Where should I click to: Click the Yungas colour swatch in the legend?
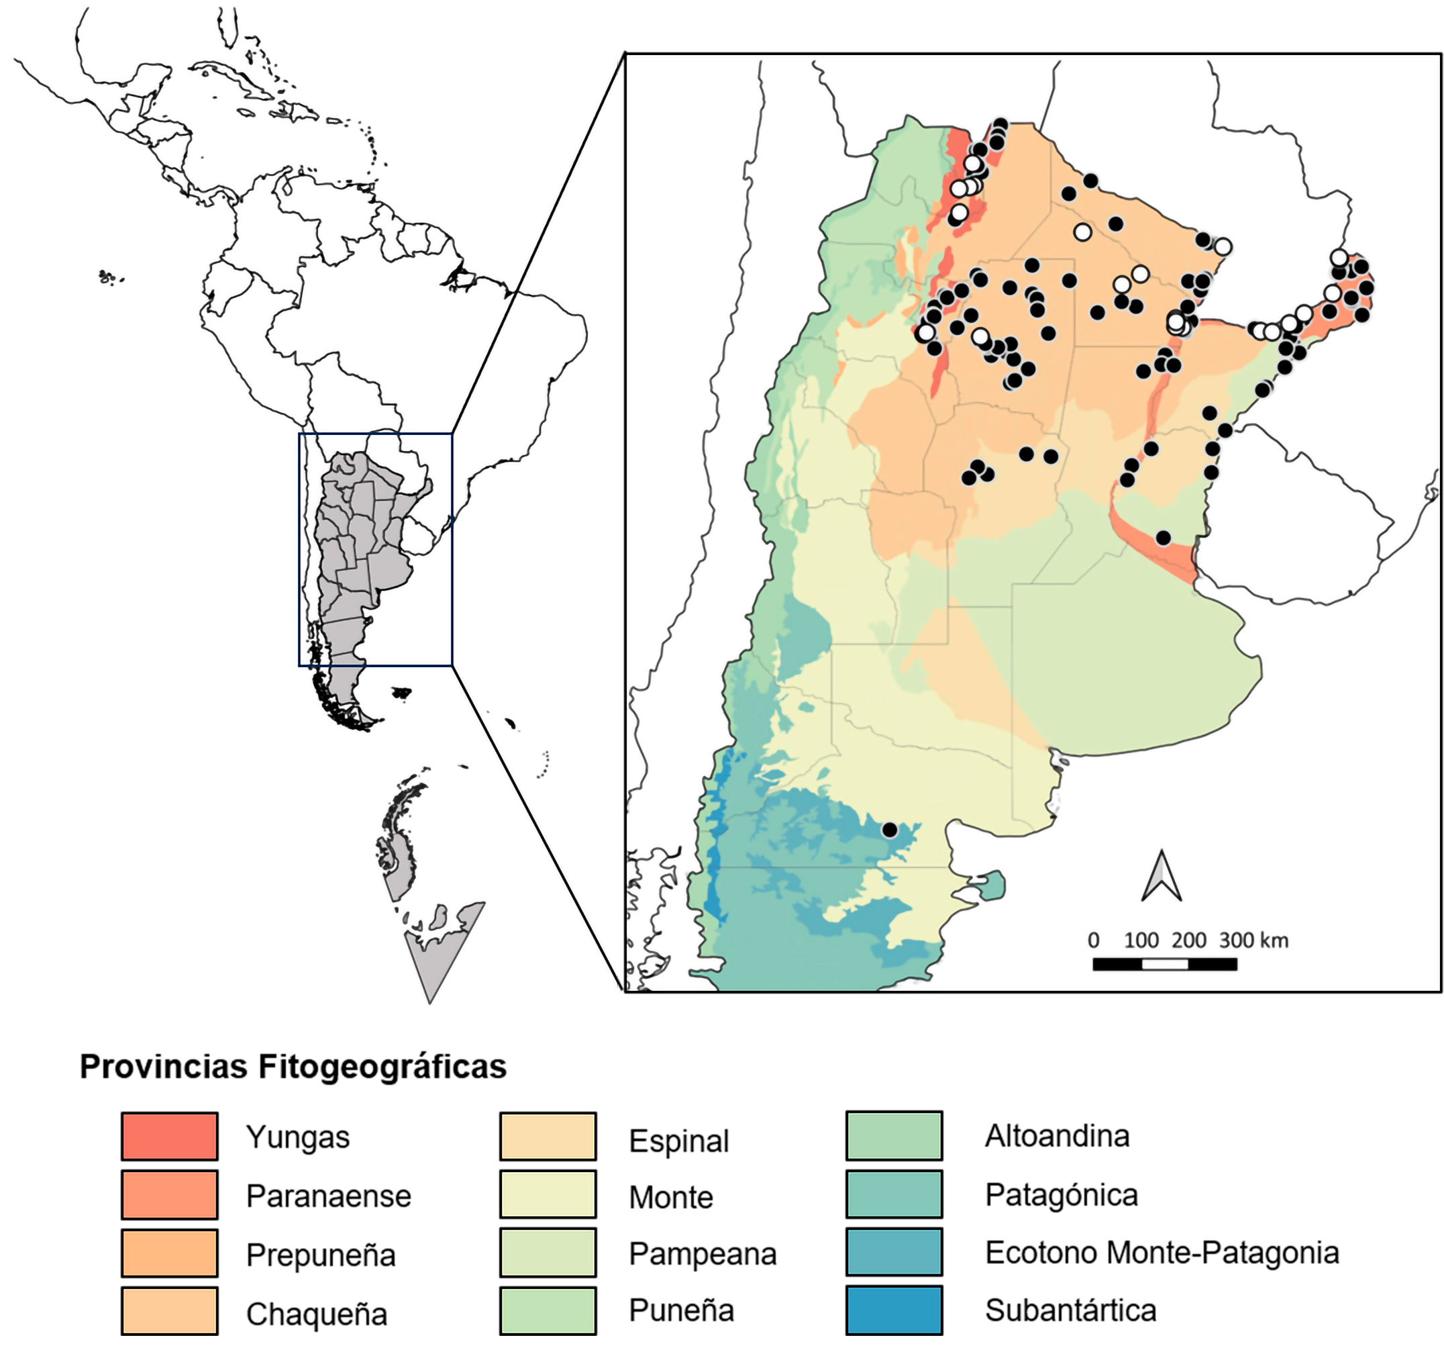point(169,1137)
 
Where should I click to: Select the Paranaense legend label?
point(328,1196)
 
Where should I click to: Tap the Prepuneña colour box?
point(169,1253)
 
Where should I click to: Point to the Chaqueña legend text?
point(317,1314)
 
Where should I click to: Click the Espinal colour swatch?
point(548,1137)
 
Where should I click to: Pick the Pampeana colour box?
point(548,1253)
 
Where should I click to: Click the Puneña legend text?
point(681,1310)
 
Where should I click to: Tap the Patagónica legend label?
point(1062,1195)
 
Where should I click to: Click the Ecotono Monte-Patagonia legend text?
point(1162,1253)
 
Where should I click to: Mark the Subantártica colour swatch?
point(894,1310)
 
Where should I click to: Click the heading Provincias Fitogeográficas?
point(293,1067)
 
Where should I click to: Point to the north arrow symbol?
point(1162,876)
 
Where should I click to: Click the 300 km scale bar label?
point(1253,940)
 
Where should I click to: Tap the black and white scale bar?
point(1164,964)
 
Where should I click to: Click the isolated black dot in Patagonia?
point(889,830)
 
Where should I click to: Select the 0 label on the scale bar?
point(1093,940)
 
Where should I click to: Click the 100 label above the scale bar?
point(1141,940)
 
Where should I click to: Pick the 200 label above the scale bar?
point(1189,940)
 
